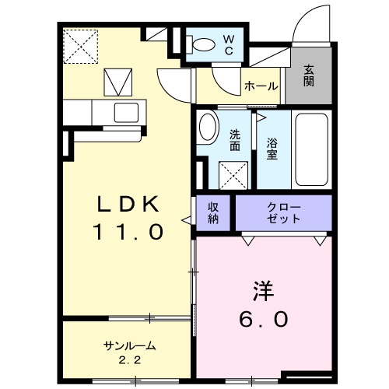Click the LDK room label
pos(128,204)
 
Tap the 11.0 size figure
pos(128,232)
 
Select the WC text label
pos(229,45)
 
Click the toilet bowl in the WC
pos(202,44)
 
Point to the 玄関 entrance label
pos(309,75)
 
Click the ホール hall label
pos(261,86)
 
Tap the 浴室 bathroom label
pos(272,149)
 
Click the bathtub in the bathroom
pos(312,149)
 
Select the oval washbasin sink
pos(208,127)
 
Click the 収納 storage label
pos(213,213)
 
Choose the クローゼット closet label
pos(283,213)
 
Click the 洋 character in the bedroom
pos(264,291)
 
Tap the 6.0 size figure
pos(264,319)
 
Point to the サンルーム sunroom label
pos(130,345)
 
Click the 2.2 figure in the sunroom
pos(130,360)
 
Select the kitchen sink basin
pos(126,112)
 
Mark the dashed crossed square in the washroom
pos(233,175)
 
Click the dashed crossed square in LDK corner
pos(81,47)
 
